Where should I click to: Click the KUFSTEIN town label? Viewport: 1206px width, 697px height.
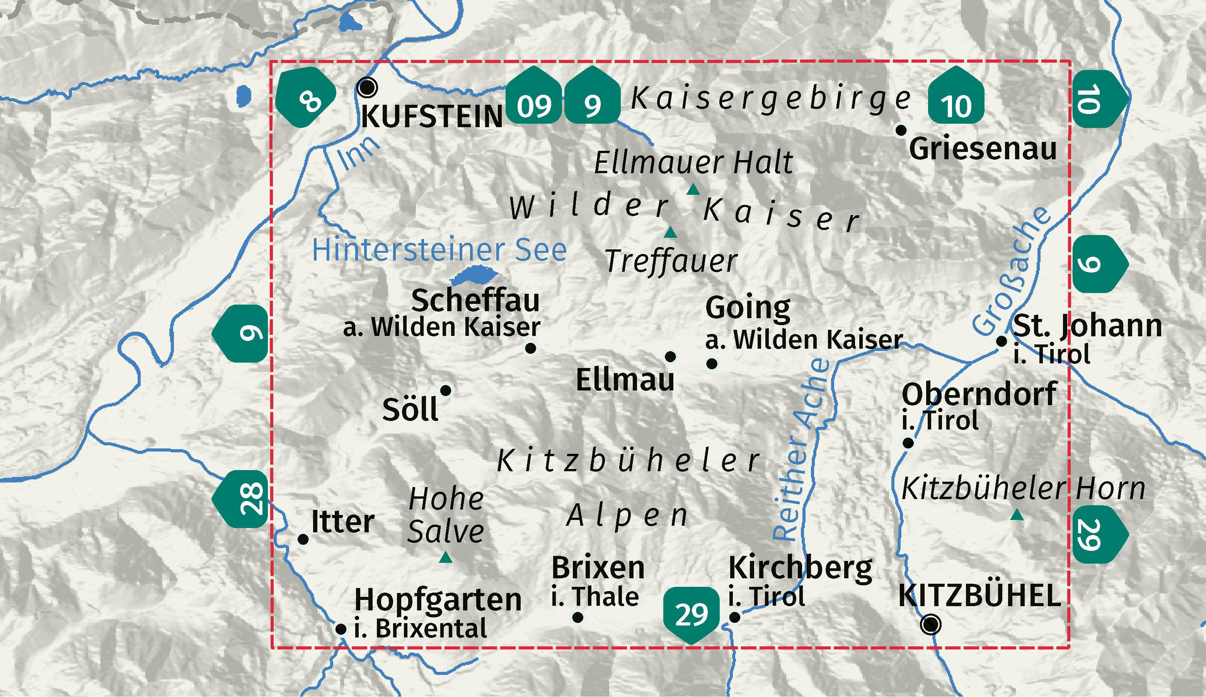pyautogui.click(x=432, y=116)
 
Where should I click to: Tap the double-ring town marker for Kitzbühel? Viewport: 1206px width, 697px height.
pyautogui.click(x=931, y=624)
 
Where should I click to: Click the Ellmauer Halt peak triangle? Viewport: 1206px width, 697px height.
pyautogui.click(x=693, y=191)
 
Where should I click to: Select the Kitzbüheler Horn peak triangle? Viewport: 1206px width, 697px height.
pyautogui.click(x=1017, y=516)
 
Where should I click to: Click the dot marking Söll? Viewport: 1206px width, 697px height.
pyautogui.click(x=446, y=390)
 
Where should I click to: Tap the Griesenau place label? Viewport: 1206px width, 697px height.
pyautogui.click(x=983, y=149)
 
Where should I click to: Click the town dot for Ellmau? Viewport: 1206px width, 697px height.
pyautogui.click(x=671, y=356)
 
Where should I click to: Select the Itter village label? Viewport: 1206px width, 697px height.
pyautogui.click(x=342, y=522)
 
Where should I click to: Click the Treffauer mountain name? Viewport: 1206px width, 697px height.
pyautogui.click(x=671, y=261)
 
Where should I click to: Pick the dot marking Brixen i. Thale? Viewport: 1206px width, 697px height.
pyautogui.click(x=577, y=617)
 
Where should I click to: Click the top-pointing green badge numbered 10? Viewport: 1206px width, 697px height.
pyautogui.click(x=956, y=98)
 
